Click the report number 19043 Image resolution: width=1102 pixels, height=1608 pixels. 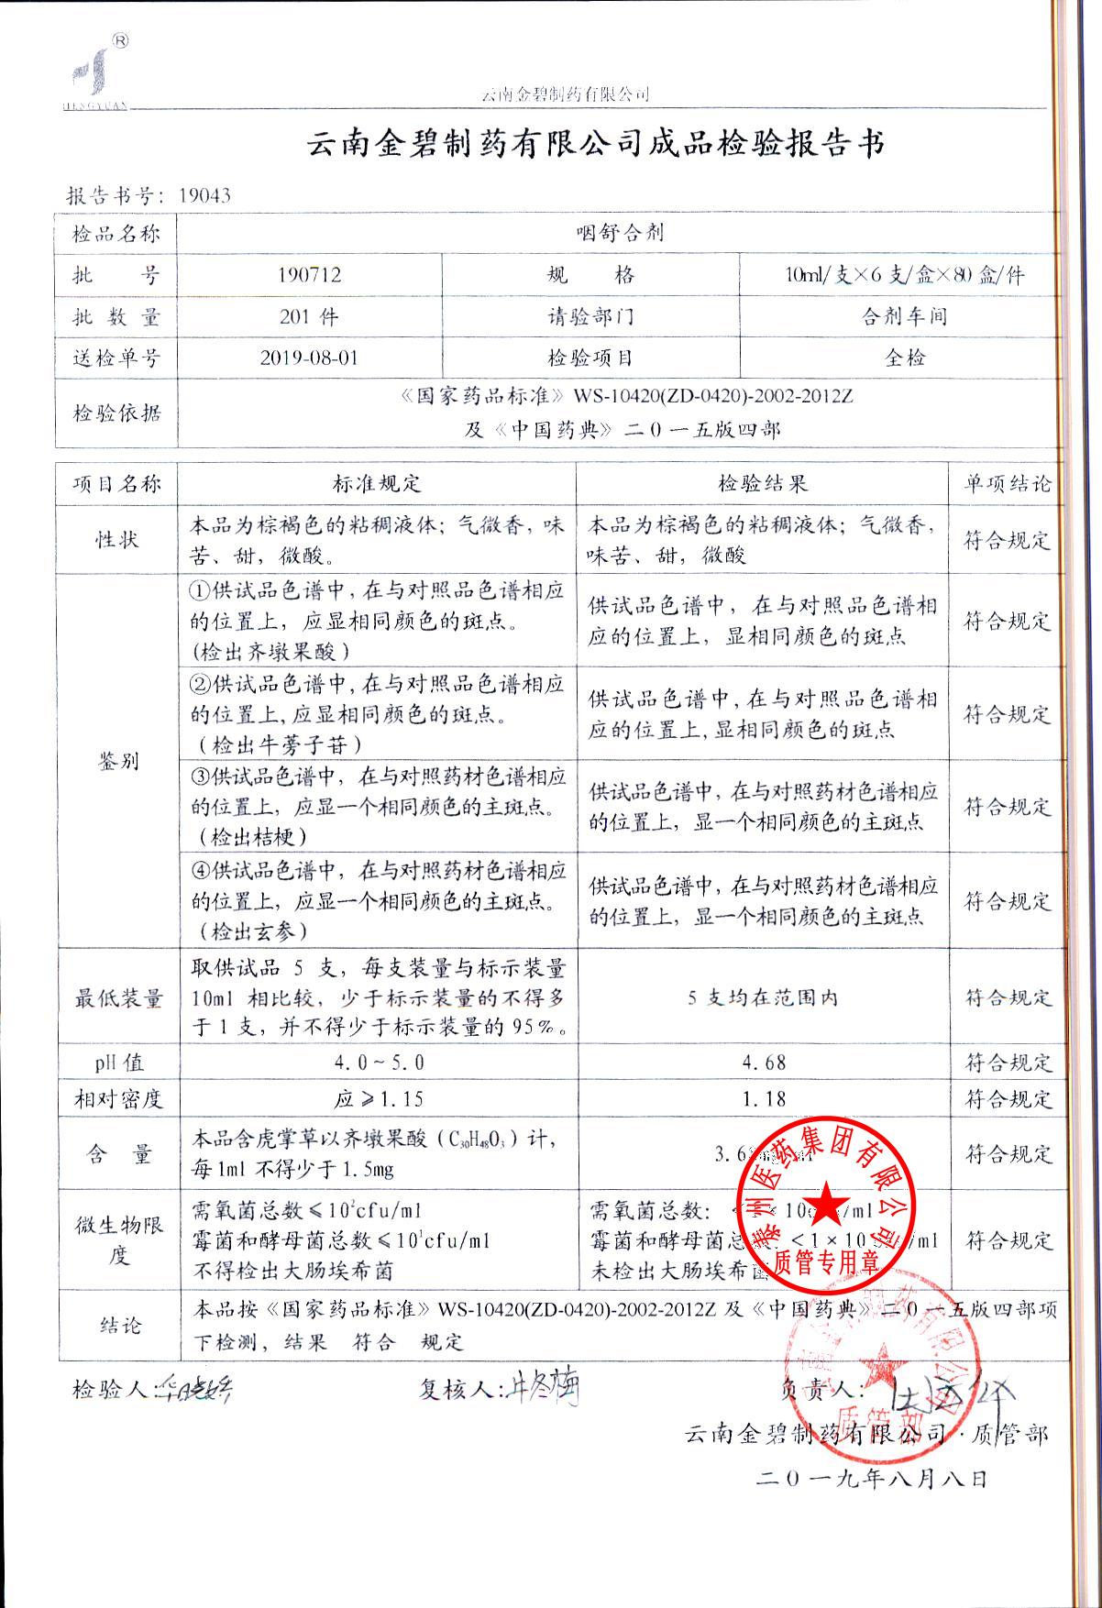coord(204,194)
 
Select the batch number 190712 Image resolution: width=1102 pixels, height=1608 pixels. coord(309,274)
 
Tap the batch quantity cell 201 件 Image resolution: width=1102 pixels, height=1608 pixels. coord(309,316)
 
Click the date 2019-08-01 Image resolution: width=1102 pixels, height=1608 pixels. coord(309,358)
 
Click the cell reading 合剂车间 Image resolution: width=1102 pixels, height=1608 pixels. coord(903,316)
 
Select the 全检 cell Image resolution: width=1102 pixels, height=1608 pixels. coord(903,358)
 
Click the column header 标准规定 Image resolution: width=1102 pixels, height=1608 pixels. coord(376,483)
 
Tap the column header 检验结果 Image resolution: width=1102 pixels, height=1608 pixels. coord(762,483)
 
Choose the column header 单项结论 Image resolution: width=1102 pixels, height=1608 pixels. coord(1006,483)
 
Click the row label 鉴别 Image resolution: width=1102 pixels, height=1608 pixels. coord(117,761)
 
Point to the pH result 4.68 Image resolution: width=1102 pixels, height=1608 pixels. coord(762,1063)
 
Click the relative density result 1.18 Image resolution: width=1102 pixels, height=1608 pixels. coord(762,1098)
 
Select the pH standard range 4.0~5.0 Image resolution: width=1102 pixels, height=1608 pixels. coord(376,1063)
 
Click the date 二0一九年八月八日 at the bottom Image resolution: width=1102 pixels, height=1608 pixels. coord(870,1478)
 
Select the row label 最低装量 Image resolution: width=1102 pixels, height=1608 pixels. coord(117,997)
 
